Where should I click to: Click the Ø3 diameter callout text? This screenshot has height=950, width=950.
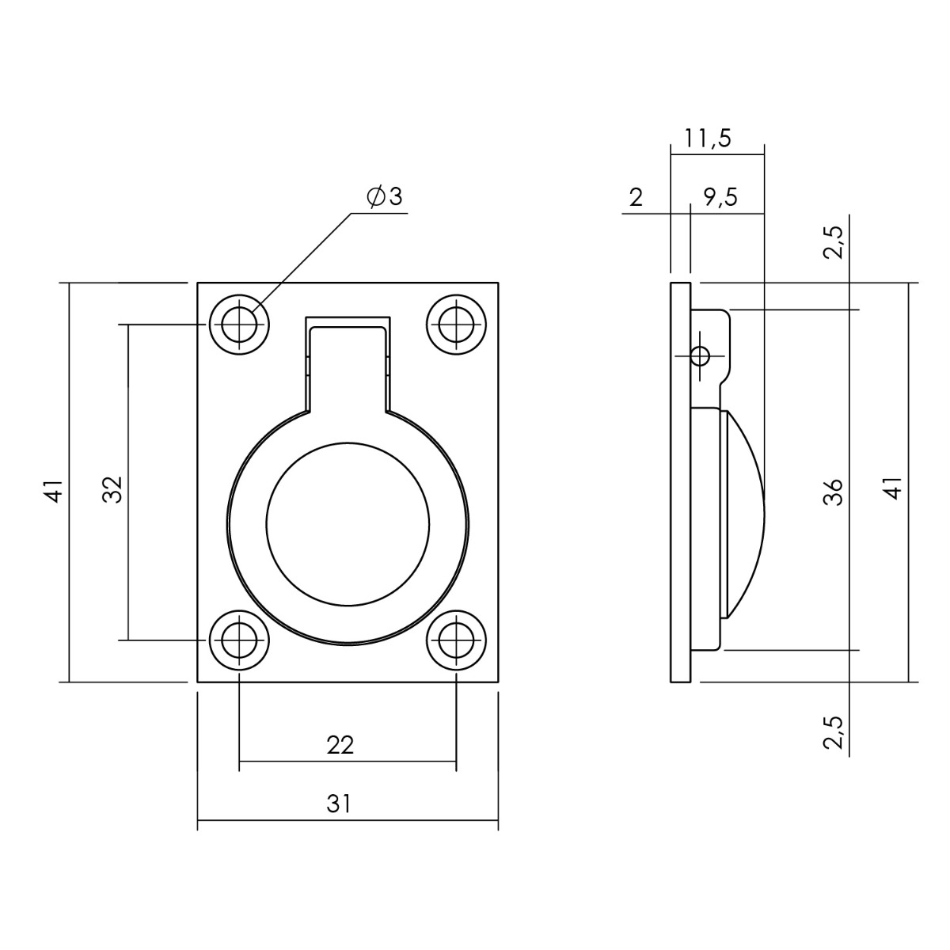click(385, 196)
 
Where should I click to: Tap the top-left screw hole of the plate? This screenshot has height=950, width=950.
click(239, 325)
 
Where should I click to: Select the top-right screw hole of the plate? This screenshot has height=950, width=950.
click(456, 325)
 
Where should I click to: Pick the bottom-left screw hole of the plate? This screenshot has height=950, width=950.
click(239, 640)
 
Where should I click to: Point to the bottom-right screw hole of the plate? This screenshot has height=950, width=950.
click(456, 640)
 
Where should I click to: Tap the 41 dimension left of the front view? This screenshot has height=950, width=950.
click(55, 489)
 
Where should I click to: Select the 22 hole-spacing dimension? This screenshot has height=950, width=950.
click(340, 746)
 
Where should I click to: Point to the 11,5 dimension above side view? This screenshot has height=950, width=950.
click(708, 139)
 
